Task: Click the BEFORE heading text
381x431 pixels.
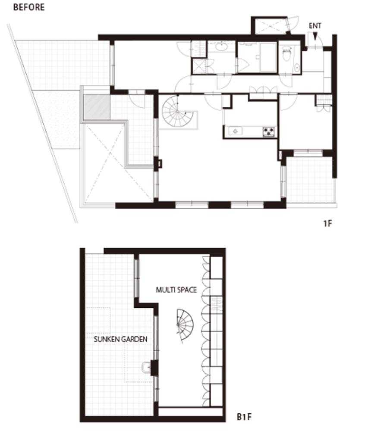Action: [29, 7]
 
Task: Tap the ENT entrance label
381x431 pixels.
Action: [315, 26]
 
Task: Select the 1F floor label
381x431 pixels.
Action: [327, 223]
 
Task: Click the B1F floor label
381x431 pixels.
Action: [244, 417]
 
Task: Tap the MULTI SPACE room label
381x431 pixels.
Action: [176, 290]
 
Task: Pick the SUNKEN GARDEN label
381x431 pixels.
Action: [120, 339]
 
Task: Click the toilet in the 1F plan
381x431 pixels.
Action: [287, 53]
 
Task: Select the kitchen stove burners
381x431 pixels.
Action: [268, 131]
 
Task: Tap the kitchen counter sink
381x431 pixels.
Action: [235, 131]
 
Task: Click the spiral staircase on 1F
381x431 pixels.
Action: [176, 111]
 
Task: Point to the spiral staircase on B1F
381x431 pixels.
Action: [185, 325]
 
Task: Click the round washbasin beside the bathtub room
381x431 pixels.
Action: [221, 47]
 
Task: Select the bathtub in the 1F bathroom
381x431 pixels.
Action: [268, 57]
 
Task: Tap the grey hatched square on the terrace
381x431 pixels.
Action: [97, 107]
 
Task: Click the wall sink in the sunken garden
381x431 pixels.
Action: [147, 367]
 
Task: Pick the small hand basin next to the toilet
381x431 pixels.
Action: [297, 67]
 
